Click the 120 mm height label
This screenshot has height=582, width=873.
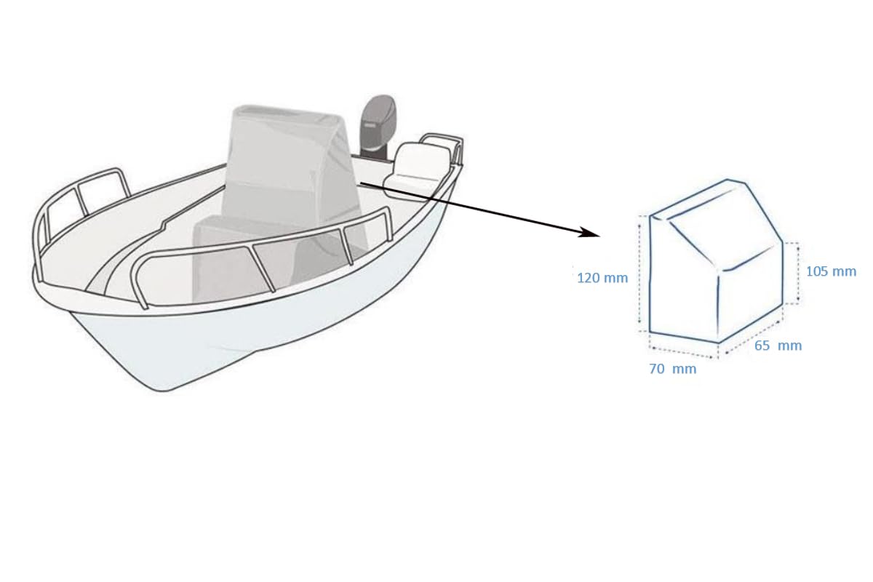(x=602, y=278)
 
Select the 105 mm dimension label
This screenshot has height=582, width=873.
(x=831, y=271)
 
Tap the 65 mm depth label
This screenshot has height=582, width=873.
(x=778, y=346)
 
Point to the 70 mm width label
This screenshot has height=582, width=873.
(x=672, y=369)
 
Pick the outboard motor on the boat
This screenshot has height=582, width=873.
(x=377, y=127)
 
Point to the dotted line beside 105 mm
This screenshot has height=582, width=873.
(x=799, y=271)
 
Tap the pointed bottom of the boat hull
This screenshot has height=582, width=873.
(x=167, y=386)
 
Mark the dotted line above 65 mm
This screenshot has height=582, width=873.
(x=753, y=332)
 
